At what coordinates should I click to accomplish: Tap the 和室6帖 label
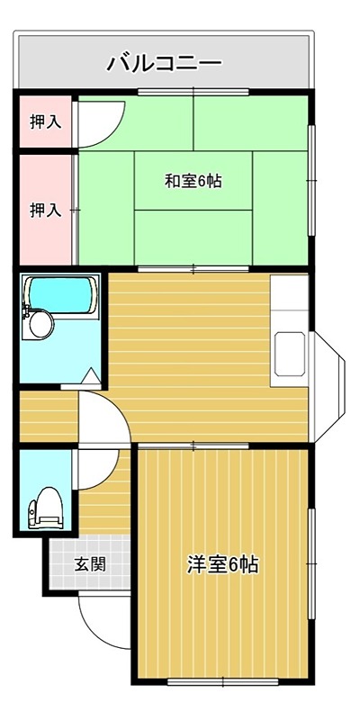pyautogui.click(x=193, y=181)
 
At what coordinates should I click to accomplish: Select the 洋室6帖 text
pyautogui.click(x=223, y=565)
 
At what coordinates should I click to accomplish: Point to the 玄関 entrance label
pyautogui.click(x=89, y=565)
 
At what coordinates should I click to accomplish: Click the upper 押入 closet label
pyautogui.click(x=45, y=121)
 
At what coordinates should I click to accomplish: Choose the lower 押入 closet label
pyautogui.click(x=45, y=210)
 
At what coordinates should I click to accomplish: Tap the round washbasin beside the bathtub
pyautogui.click(x=39, y=325)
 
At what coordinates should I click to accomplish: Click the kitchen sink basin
pyautogui.click(x=291, y=353)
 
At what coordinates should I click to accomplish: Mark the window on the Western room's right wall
pyautogui.click(x=312, y=562)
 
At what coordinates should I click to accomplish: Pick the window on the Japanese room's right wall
pyautogui.click(x=312, y=180)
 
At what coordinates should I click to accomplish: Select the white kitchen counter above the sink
pyautogui.click(x=290, y=301)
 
